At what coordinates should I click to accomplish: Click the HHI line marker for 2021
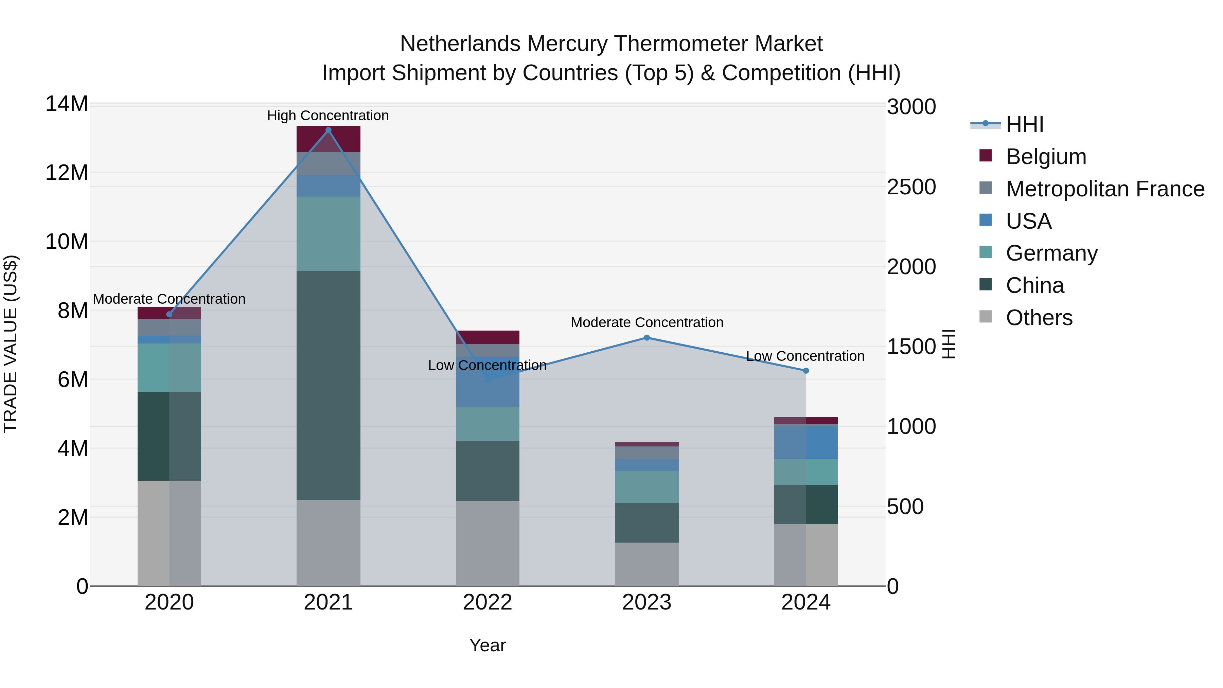click(328, 130)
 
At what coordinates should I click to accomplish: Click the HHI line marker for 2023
click(646, 338)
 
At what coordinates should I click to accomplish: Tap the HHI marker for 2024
click(806, 371)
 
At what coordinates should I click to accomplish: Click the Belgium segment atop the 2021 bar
click(328, 139)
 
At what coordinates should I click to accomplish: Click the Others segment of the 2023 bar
click(646, 564)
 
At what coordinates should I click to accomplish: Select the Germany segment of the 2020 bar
click(169, 368)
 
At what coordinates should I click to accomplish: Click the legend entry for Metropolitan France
click(1104, 189)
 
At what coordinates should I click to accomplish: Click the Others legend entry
click(1039, 318)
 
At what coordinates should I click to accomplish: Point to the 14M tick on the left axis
click(67, 104)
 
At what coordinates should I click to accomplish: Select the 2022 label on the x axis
click(488, 602)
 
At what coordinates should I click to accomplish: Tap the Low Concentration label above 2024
click(805, 356)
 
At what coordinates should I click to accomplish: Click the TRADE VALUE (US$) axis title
click(11, 344)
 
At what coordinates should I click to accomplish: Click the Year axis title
click(488, 645)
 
